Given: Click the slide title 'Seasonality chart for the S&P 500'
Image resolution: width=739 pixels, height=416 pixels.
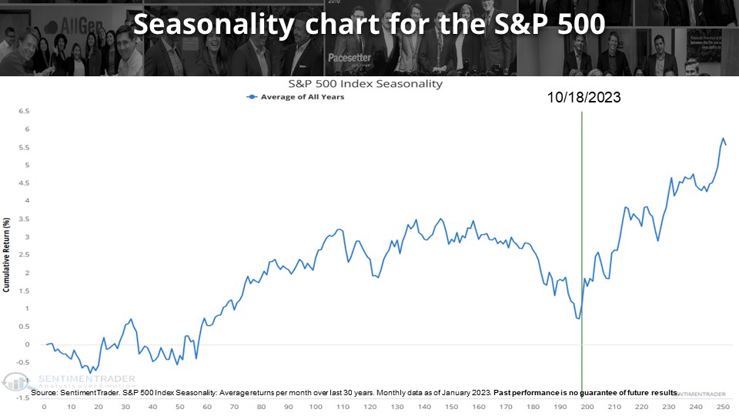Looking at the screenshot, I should coord(369,25).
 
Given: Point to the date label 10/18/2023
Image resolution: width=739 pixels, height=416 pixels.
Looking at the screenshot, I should coord(584,98).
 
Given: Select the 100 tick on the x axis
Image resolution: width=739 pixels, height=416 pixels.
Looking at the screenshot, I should coord(315,406).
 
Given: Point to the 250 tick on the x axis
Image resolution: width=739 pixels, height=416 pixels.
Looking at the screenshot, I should coord(722,406).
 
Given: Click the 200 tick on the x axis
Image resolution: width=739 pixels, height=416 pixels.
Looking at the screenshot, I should coord(587,406).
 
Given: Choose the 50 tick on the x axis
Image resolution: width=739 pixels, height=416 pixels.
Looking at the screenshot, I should coord(179,406).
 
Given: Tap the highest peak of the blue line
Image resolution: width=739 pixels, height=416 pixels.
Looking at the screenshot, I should coord(723,139).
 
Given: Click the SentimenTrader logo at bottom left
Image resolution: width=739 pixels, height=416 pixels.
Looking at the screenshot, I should coord(69,381).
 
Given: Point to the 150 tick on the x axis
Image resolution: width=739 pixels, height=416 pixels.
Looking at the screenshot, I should coord(450,406).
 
